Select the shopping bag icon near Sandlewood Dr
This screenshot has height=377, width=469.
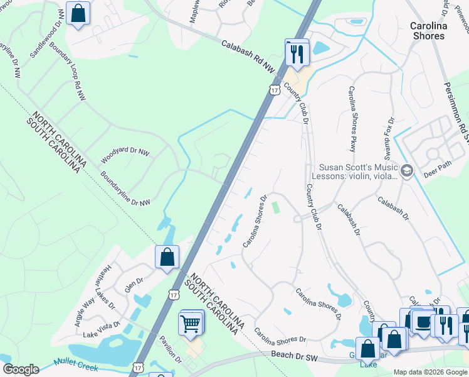click(78, 14)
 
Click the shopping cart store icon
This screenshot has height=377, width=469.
click(191, 324)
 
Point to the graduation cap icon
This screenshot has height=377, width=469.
click(407, 171)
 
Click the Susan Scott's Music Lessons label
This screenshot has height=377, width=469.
click(358, 172)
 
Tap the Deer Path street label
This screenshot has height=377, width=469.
click(437, 172)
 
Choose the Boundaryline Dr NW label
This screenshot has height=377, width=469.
click(125, 190)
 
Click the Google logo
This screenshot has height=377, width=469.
click(21, 369)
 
